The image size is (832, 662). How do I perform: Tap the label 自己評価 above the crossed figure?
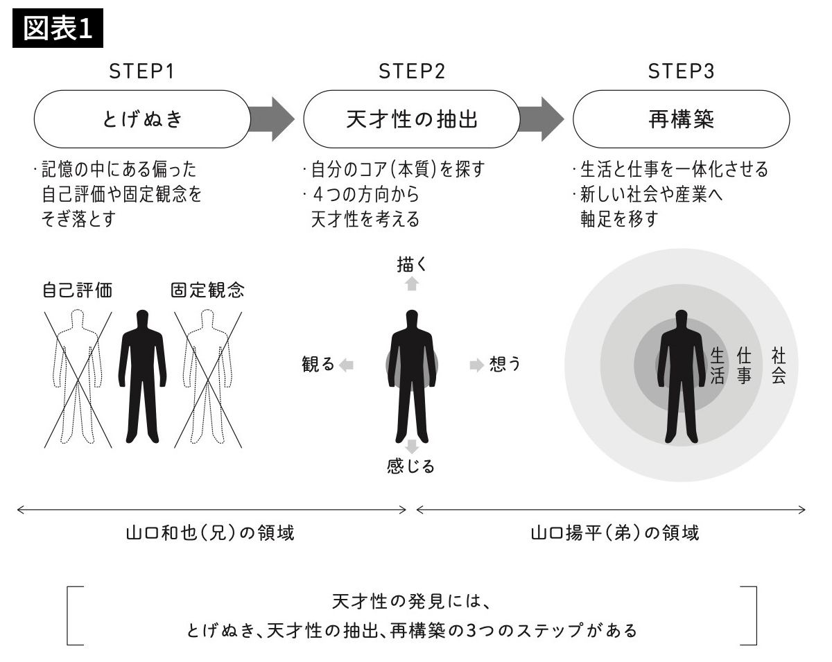click(77, 290)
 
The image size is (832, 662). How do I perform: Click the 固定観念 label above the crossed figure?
click(207, 290)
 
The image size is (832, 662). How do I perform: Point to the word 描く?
click(413, 264)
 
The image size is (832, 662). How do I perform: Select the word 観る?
click(318, 365)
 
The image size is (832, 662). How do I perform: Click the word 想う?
click(505, 365)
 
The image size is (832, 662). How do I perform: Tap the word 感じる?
click(411, 467)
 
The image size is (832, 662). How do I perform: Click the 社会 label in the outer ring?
click(778, 367)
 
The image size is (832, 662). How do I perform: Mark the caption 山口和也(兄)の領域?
click(210, 533)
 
